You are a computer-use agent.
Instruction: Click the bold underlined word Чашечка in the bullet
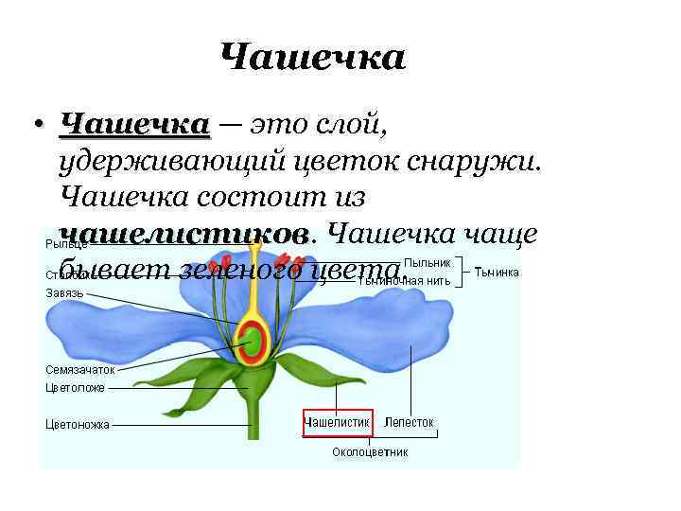click(133, 126)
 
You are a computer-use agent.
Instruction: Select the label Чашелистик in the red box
click(337, 422)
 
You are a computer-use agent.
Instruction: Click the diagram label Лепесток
click(409, 422)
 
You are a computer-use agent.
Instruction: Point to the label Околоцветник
click(370, 452)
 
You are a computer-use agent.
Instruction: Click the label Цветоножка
click(78, 424)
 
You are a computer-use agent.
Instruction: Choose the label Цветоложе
click(76, 387)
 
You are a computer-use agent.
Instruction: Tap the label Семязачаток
click(80, 370)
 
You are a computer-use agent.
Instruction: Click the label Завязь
click(64, 292)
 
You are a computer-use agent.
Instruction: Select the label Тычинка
click(496, 272)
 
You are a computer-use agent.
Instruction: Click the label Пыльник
click(427, 261)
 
